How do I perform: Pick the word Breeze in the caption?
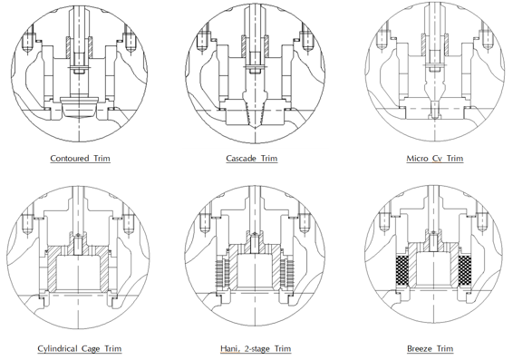pyautogui.click(x=418, y=348)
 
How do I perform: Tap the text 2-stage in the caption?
pyautogui.click(x=257, y=349)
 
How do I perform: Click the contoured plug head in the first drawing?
pyautogui.click(x=79, y=106)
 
